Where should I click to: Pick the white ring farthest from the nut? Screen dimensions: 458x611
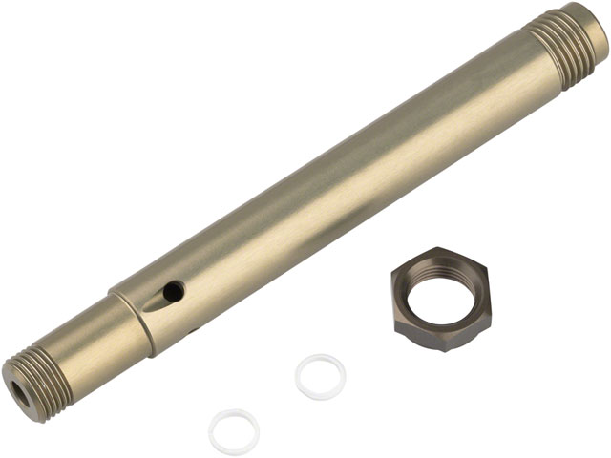click(x=234, y=432)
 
